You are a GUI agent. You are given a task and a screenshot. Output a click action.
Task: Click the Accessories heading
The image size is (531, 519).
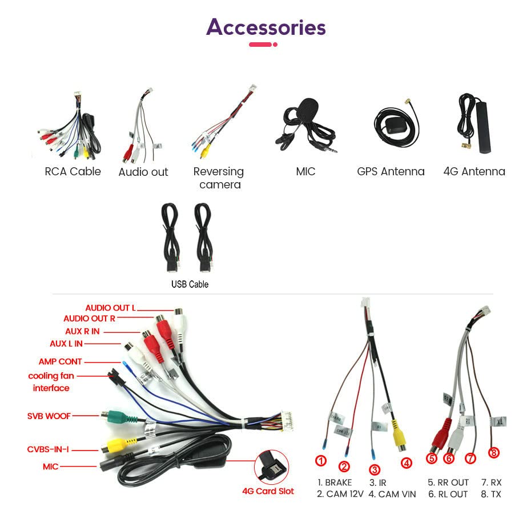pos(266,27)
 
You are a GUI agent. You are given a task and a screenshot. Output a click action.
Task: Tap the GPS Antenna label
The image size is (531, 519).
pos(391,171)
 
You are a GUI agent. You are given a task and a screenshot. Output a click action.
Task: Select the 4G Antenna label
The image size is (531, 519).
pos(474,171)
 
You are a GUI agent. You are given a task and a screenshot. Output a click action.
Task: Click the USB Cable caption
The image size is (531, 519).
pos(190,284)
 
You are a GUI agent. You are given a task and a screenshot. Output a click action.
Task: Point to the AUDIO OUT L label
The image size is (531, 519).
pos(110,308)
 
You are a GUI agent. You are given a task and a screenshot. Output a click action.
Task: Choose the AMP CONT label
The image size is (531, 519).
pos(61,361)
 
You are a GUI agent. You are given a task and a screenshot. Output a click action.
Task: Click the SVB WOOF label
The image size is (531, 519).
pos(49,416)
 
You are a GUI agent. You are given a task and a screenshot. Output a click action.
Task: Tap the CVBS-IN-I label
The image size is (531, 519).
pos(48,449)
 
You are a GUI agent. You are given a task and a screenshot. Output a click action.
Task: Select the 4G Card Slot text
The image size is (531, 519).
pos(268,491)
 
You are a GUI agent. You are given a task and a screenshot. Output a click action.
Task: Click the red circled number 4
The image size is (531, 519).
pos(407,463)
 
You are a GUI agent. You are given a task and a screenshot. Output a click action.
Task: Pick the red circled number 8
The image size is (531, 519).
pos(494,452)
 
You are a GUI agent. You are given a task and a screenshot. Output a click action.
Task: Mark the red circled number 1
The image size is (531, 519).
pos(321,460)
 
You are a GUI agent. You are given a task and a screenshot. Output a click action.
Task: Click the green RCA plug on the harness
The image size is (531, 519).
pos(117,416)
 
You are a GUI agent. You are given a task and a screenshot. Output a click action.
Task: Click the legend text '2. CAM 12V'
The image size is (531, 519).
pos(340,494)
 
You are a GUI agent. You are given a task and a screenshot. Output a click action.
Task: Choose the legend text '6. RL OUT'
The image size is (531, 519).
pos(448,494)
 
